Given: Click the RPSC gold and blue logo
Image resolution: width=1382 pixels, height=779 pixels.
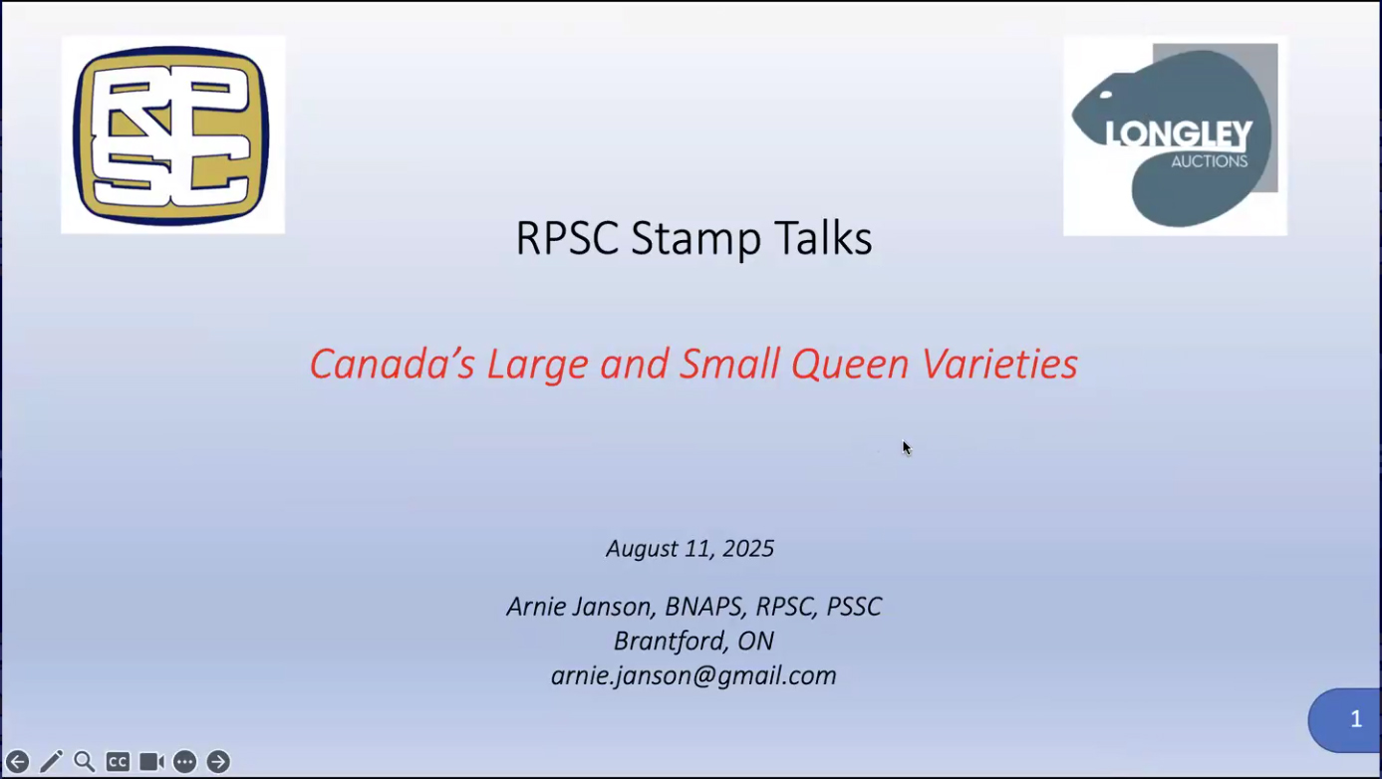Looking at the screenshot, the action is pos(172,135).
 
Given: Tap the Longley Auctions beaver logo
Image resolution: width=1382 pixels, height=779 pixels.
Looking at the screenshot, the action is pos(1175,135).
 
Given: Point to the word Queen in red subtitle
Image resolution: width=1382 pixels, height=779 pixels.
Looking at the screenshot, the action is pos(850,364).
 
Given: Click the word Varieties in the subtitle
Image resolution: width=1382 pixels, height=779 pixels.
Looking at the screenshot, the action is pos(999,363).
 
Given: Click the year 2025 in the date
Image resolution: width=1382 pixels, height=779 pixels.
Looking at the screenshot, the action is pos(747,548).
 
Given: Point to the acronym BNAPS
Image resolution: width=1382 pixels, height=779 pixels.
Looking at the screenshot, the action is pos(704,607).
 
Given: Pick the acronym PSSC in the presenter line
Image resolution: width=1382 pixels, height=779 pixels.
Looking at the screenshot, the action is pos(854,607).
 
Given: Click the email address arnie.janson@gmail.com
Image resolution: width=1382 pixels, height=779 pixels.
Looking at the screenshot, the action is pos(693,676).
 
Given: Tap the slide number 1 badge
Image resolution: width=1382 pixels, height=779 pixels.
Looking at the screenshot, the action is pos(1345,720).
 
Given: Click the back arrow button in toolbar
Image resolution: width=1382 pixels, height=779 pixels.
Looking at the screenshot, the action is pos(17,762).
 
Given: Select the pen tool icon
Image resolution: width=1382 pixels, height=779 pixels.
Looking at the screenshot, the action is pos(51,762).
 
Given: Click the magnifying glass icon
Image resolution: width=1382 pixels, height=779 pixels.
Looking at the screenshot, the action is pos(85,762).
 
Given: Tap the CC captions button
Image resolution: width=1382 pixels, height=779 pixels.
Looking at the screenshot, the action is pos(118,762).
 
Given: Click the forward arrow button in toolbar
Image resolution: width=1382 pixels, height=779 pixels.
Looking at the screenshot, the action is pos(218,762).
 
